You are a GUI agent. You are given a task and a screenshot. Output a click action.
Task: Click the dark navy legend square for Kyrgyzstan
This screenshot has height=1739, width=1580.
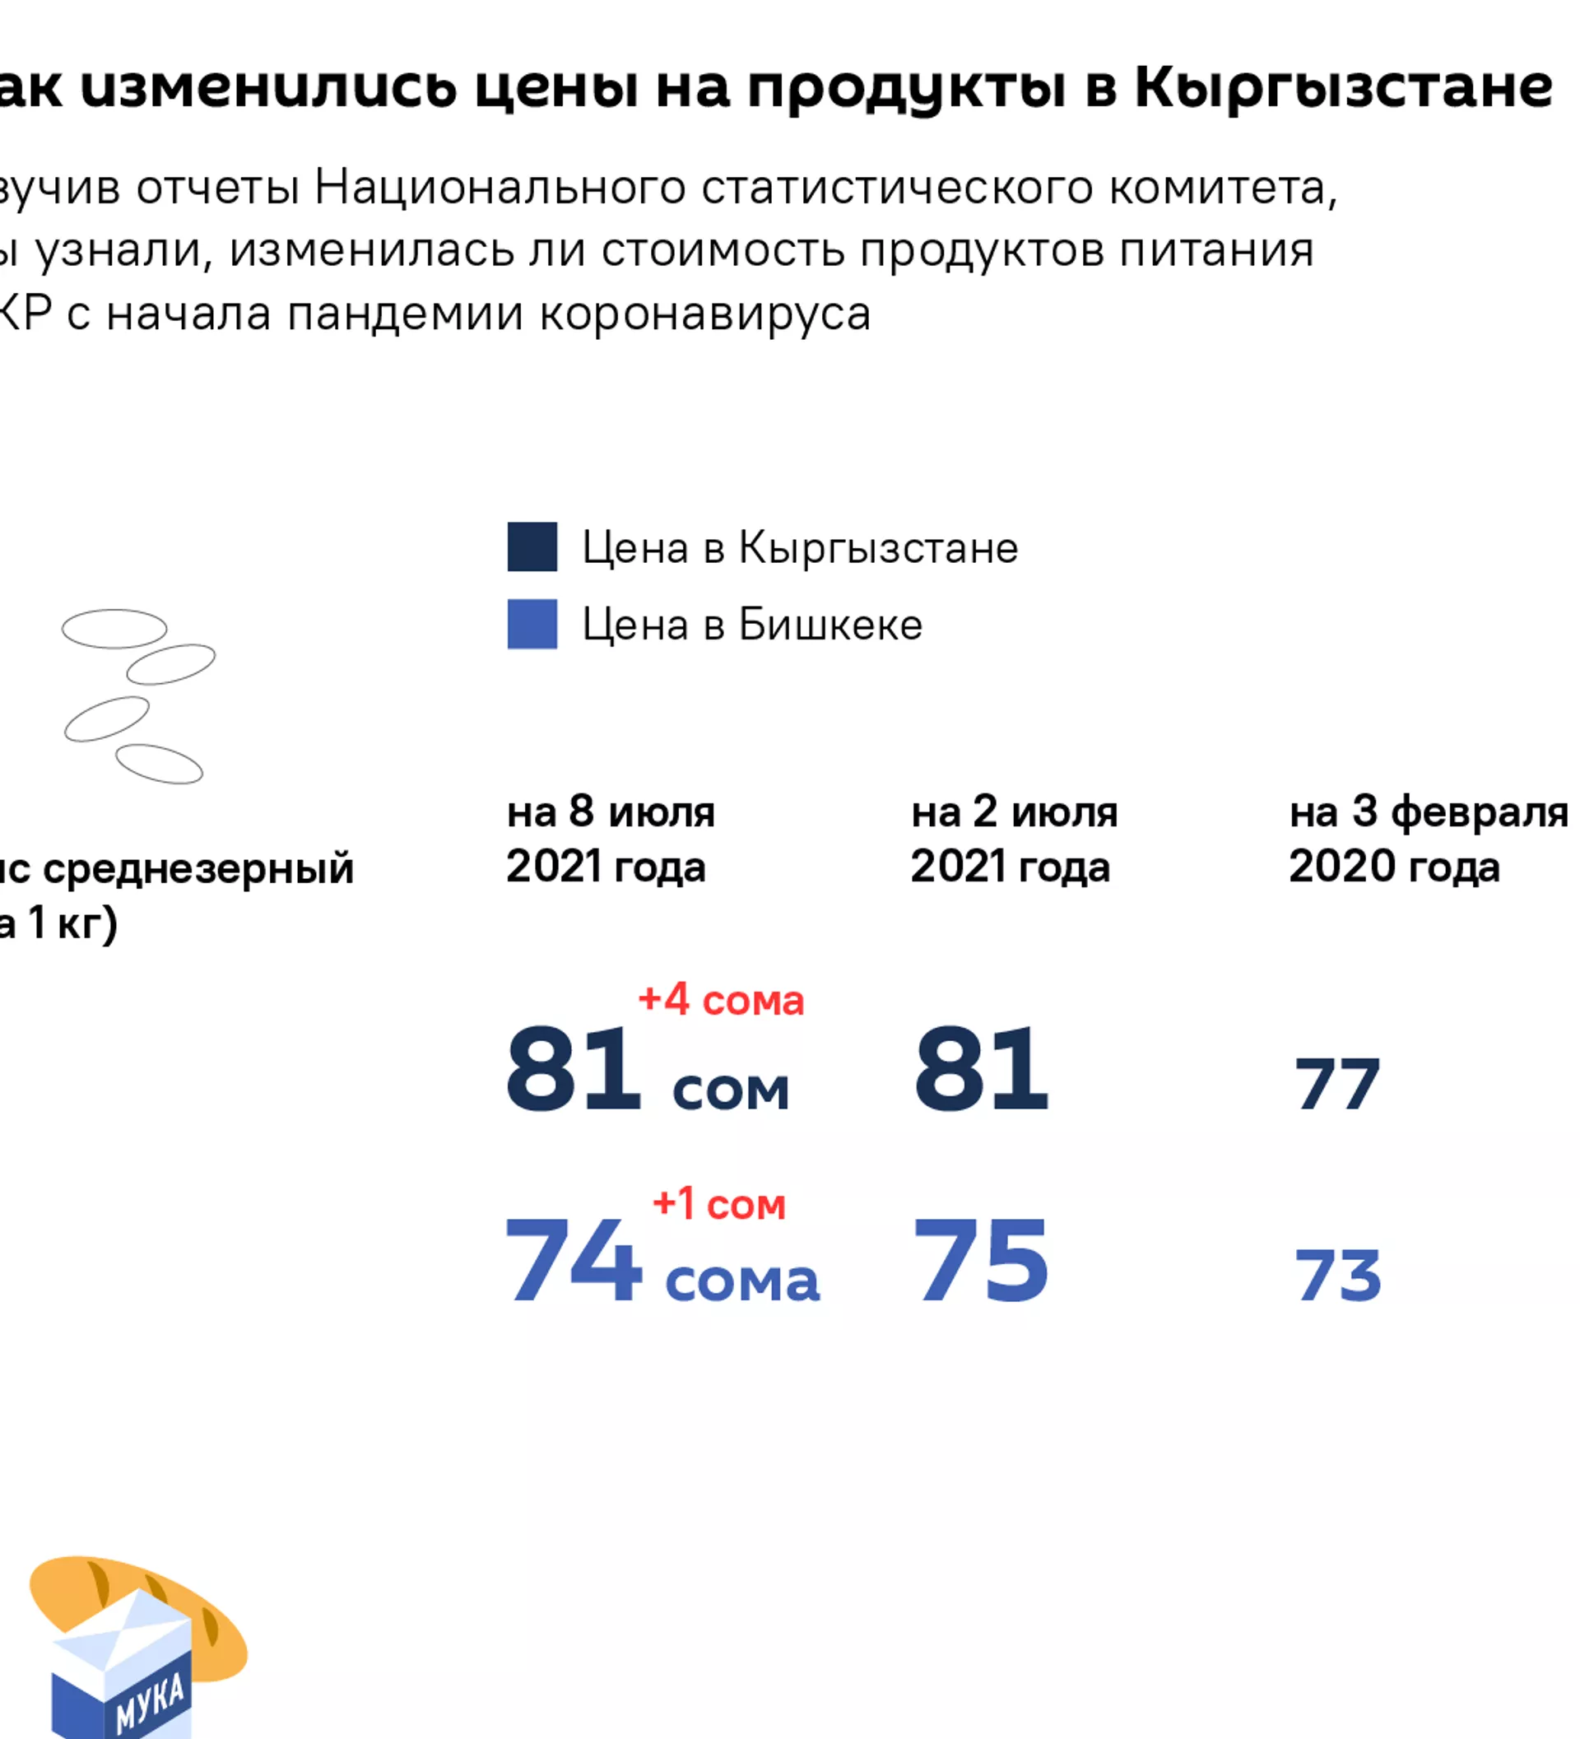tap(532, 547)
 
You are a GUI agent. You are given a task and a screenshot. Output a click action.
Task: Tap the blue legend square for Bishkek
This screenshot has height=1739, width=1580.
tap(532, 624)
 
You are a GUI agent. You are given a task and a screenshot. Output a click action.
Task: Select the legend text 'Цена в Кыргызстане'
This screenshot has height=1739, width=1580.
tap(800, 548)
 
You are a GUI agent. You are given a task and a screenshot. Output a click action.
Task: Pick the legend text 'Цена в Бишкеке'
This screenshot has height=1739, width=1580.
tap(752, 625)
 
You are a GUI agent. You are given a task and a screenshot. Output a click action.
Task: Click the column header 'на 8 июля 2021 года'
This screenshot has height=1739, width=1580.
tap(610, 839)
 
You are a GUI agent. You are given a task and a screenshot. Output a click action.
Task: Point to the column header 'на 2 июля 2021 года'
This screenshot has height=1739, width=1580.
tap(1013, 839)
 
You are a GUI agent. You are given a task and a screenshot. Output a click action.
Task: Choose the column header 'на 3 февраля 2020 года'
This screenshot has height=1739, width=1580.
tap(1427, 839)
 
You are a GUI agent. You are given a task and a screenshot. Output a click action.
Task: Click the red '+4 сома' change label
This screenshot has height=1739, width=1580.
tap(720, 1000)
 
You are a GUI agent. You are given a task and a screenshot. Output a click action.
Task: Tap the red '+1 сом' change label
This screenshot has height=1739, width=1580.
tap(718, 1203)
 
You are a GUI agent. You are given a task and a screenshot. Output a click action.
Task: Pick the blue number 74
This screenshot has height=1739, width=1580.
tap(574, 1260)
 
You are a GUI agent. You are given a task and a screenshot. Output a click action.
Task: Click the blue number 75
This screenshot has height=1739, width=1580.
tap(981, 1260)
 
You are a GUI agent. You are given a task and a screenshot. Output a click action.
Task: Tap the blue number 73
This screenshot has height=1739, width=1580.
tap(1336, 1275)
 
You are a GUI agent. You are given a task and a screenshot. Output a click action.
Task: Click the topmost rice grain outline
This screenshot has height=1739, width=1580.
tap(114, 629)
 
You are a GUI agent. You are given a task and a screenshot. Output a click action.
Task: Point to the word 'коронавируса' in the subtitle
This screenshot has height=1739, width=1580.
tap(704, 314)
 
